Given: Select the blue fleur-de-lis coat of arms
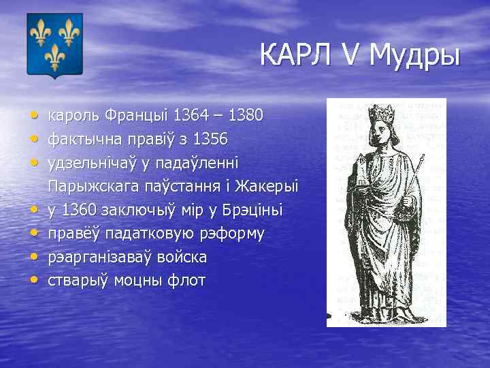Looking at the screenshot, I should tap(54, 44).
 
